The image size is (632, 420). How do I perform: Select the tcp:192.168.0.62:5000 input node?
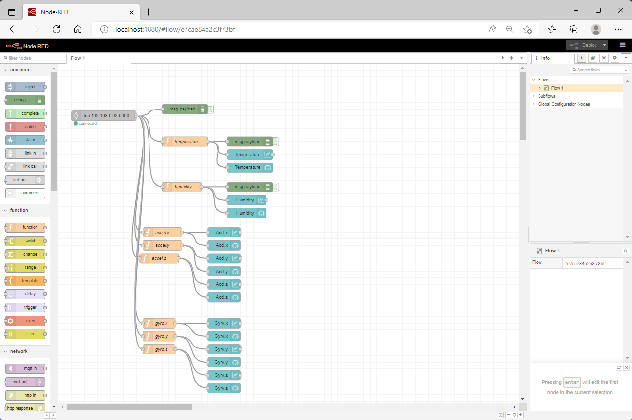click(104, 116)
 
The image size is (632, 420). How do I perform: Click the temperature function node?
click(185, 142)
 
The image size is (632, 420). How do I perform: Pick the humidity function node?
click(182, 187)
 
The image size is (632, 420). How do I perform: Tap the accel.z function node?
click(159, 258)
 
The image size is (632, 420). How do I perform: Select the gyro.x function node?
click(159, 323)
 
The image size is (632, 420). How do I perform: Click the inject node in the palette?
click(25, 87)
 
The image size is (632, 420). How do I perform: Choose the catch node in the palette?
click(25, 127)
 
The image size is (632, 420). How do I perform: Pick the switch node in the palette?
click(25, 241)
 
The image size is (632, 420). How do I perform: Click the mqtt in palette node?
click(25, 368)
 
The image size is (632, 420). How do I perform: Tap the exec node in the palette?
click(25, 321)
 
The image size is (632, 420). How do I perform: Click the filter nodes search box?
click(29, 58)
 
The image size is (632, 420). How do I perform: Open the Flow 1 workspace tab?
click(99, 58)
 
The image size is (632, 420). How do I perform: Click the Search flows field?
click(599, 70)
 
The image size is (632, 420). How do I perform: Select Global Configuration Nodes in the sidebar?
click(564, 104)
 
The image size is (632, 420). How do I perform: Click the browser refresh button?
click(56, 29)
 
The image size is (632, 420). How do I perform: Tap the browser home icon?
click(78, 29)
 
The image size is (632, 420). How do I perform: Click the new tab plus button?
click(148, 12)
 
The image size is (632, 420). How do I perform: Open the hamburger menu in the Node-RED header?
click(623, 45)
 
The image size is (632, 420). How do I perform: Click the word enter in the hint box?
click(572, 382)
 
